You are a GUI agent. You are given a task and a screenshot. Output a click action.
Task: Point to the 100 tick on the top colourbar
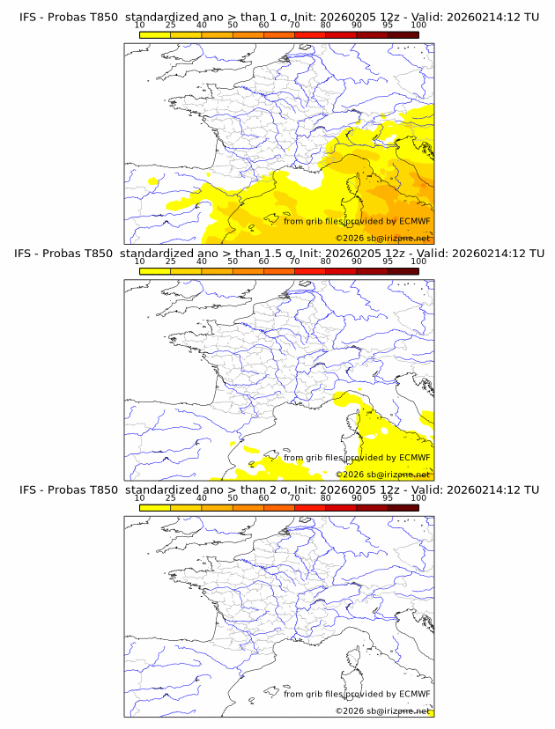click(x=418, y=26)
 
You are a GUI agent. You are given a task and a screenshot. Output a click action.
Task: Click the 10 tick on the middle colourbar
click(x=140, y=261)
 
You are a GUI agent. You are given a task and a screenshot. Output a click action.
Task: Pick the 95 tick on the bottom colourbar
click(x=388, y=498)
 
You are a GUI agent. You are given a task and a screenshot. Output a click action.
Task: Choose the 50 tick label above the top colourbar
click(x=233, y=26)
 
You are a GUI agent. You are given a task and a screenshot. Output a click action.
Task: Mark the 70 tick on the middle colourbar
click(x=295, y=261)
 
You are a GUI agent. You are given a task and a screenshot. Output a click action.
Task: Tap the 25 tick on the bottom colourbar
click(x=171, y=498)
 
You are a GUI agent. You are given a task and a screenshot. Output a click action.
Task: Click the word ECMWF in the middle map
click(x=414, y=458)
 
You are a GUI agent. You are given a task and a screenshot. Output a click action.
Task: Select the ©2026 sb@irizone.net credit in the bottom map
click(x=383, y=711)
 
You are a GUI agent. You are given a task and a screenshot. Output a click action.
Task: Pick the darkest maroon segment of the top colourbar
click(x=403, y=34)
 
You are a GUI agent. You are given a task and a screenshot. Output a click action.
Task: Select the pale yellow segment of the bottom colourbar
click(x=155, y=507)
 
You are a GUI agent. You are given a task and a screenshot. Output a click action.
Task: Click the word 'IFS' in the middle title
click(x=29, y=254)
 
